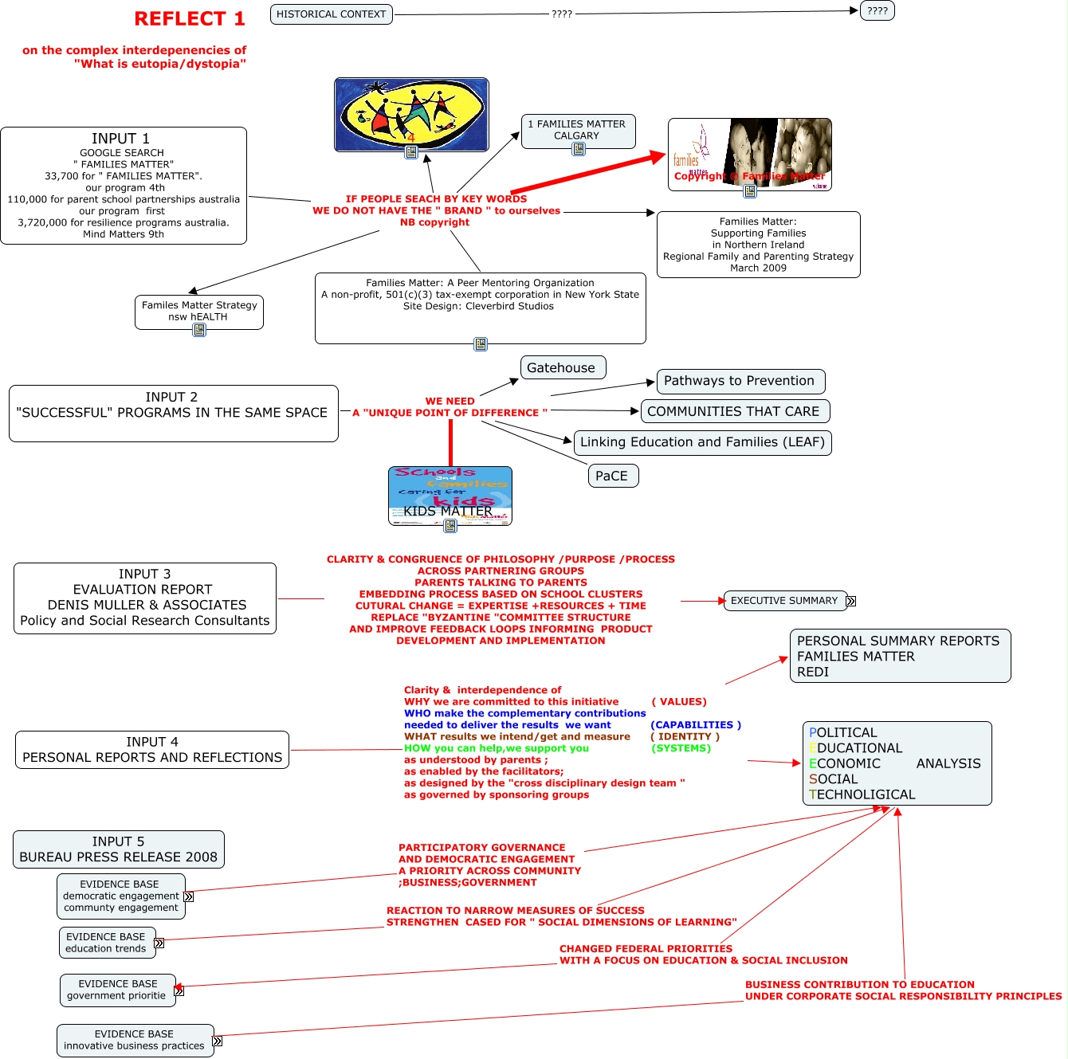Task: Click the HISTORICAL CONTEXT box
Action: point(331,14)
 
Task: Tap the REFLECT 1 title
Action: point(189,18)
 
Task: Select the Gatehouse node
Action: point(563,367)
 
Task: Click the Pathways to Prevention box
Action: point(740,381)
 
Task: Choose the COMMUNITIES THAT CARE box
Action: point(735,411)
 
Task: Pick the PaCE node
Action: point(612,476)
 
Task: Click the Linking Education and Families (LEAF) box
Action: point(702,442)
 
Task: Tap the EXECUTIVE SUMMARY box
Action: point(784,601)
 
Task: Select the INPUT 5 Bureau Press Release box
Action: point(119,849)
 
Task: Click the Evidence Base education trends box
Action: point(106,943)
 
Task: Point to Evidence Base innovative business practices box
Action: point(135,1040)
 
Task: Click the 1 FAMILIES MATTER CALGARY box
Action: point(578,130)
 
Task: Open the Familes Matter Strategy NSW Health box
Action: point(199,311)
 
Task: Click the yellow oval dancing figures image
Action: point(411,113)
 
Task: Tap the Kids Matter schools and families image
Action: point(450,495)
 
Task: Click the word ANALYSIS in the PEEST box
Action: point(948,763)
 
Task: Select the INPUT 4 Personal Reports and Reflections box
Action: point(152,750)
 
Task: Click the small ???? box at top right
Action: point(877,11)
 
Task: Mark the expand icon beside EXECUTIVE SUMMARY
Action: point(850,602)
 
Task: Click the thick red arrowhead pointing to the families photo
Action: point(658,156)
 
